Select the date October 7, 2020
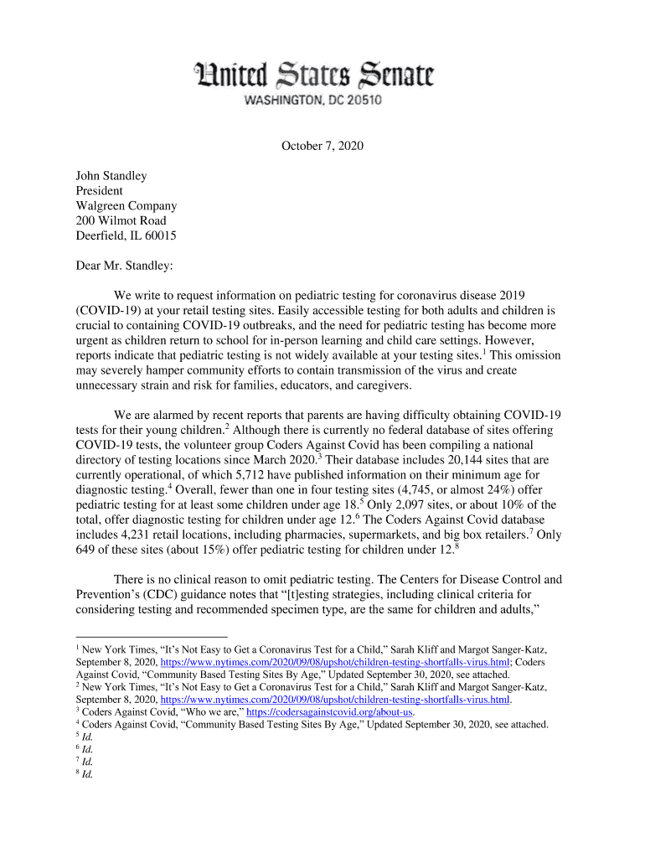click(x=322, y=146)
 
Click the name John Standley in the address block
click(x=111, y=176)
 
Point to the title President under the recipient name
click(x=100, y=191)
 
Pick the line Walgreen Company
click(x=126, y=206)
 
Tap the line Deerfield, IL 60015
click(x=126, y=236)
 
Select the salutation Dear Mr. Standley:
click(x=125, y=266)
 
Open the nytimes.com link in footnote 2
click(x=335, y=700)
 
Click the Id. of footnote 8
click(x=87, y=775)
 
